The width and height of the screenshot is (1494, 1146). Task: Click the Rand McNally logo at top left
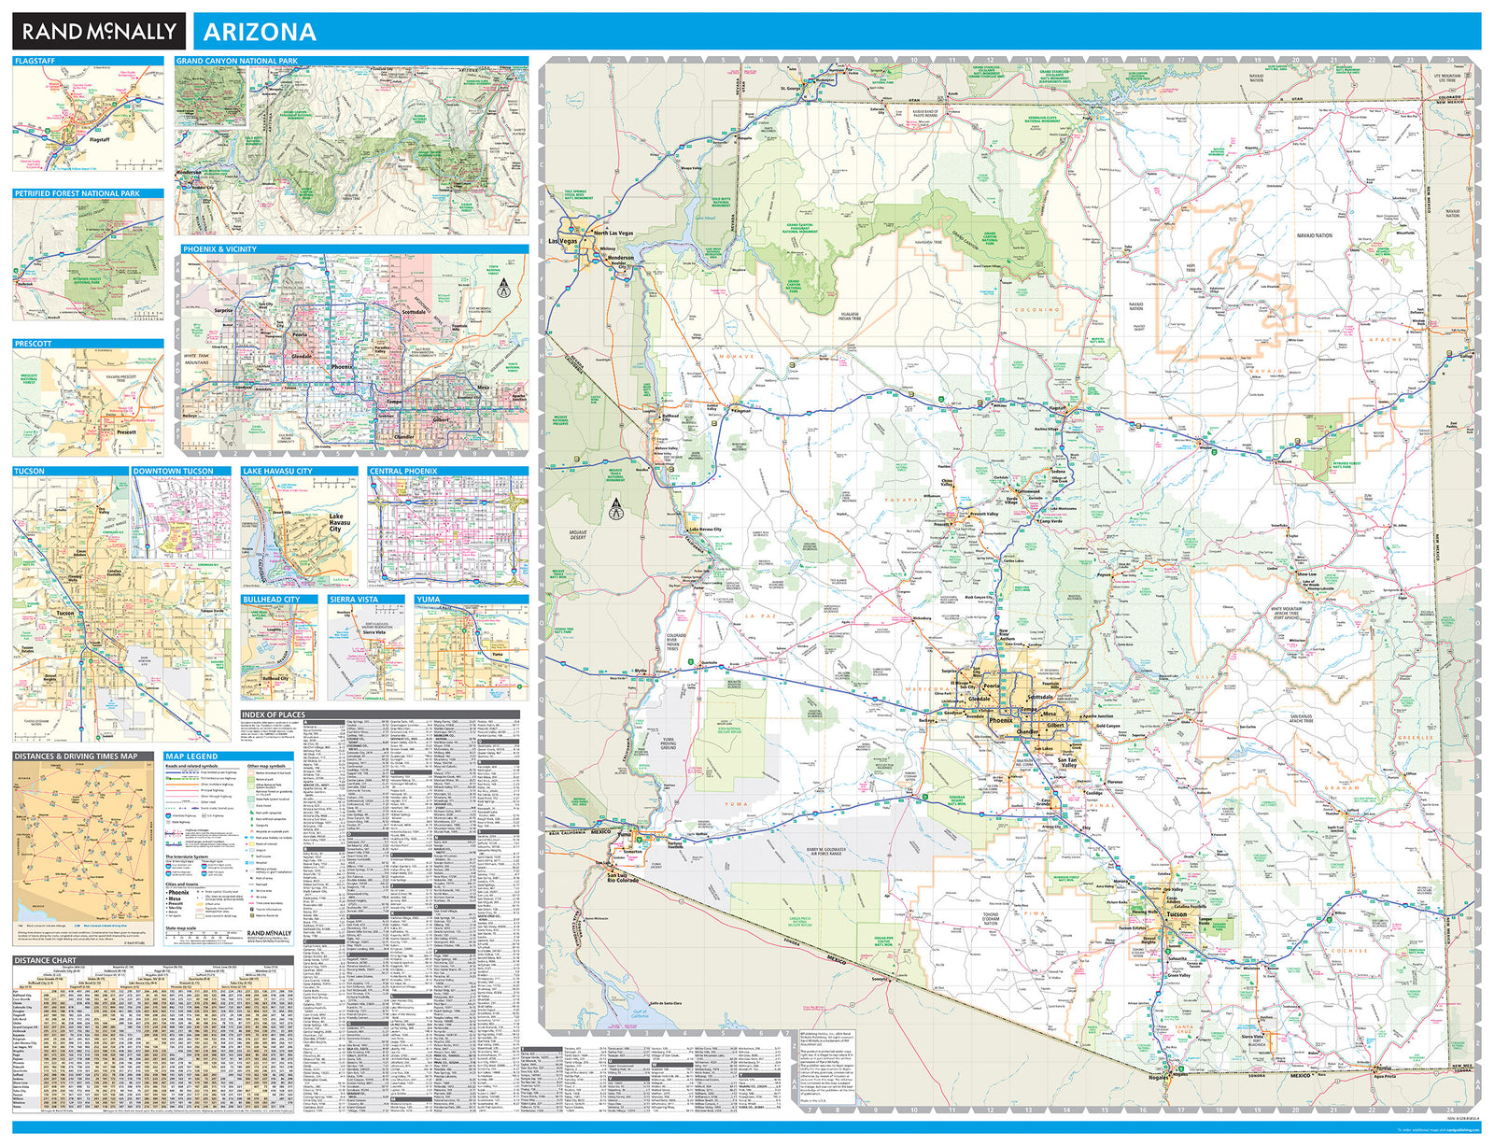point(99,32)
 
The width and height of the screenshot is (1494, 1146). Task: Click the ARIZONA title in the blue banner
point(260,33)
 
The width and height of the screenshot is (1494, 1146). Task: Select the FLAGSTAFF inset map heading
point(35,61)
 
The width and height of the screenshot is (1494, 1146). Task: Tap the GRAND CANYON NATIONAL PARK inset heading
point(237,61)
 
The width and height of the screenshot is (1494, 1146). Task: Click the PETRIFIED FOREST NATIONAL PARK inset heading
point(78,193)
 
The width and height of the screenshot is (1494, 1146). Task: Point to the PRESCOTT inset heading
point(33,344)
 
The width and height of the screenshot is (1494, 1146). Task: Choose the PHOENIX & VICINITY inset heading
point(219,249)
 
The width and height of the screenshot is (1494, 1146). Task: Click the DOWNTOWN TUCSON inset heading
point(173,472)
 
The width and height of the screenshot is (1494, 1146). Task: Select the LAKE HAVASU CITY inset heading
point(277,472)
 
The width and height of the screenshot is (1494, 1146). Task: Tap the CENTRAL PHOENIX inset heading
point(402,472)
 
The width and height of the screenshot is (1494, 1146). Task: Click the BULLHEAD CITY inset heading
point(271,600)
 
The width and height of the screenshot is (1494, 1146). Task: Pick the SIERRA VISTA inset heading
point(354,600)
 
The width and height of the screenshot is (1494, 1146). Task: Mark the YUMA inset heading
point(429,600)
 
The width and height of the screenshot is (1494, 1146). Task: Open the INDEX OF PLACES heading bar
point(274,714)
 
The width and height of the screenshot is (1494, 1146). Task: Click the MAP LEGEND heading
point(191,757)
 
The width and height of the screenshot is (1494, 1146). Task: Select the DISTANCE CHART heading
point(45,960)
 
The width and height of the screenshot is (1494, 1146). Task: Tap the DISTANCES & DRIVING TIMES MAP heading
point(76,757)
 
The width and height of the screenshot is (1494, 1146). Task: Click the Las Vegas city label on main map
point(563,241)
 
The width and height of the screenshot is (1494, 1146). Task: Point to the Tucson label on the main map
point(1176,914)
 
